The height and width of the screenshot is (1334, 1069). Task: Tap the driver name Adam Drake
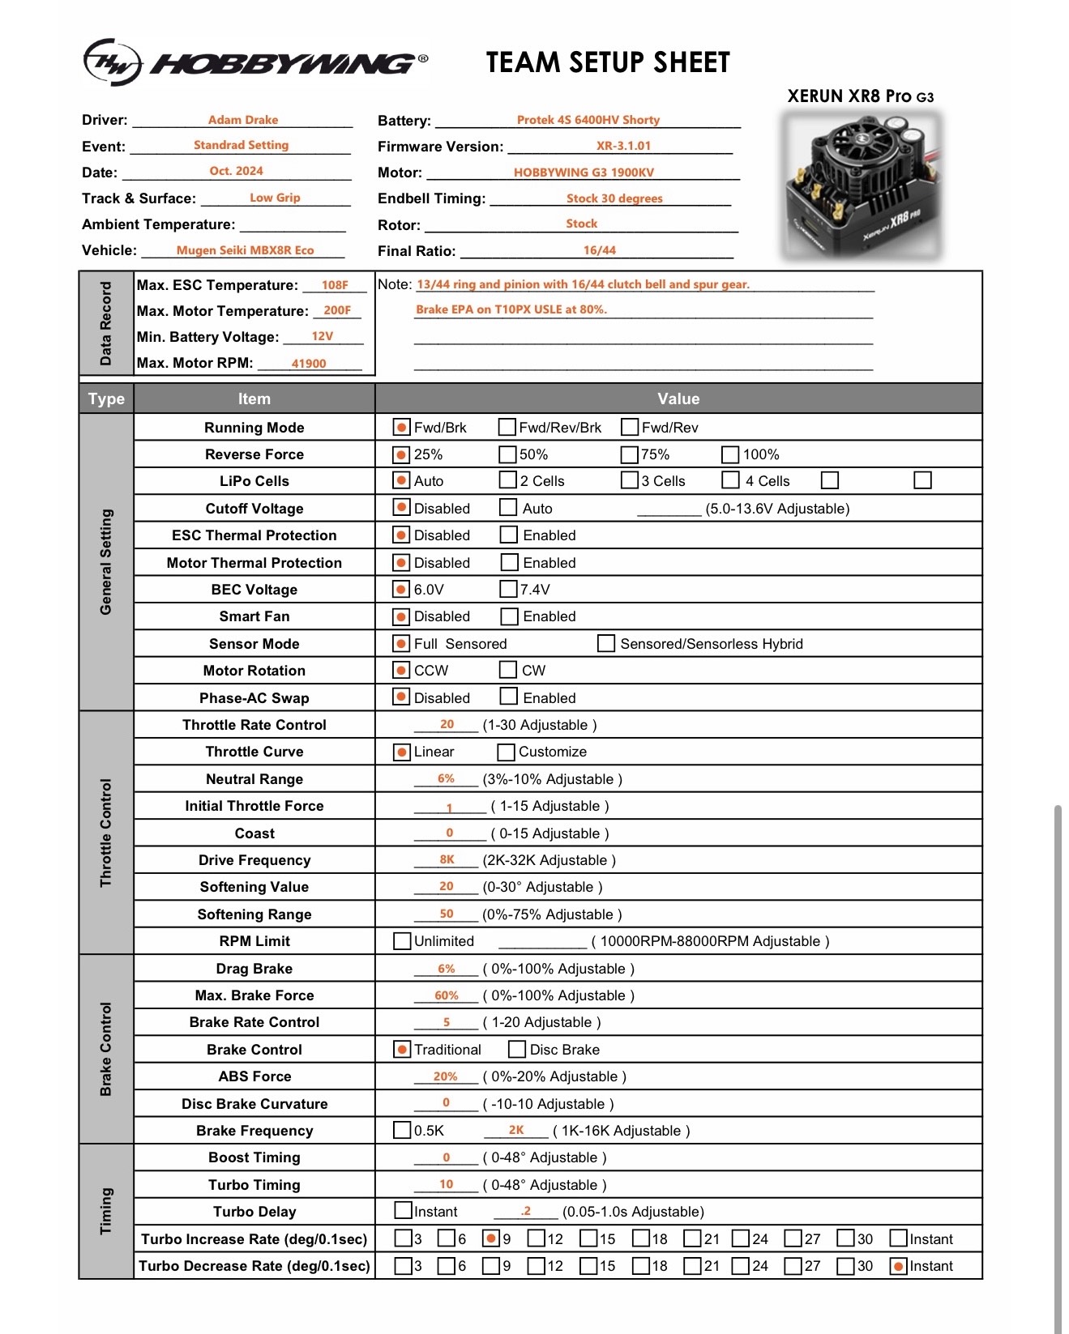tap(243, 120)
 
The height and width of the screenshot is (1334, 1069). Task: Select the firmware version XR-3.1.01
tap(623, 146)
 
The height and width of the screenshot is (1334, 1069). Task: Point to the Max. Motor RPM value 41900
tap(309, 364)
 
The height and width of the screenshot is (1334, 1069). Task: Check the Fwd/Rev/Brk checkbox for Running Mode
tap(507, 427)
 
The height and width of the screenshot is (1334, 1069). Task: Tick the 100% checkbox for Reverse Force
tap(730, 454)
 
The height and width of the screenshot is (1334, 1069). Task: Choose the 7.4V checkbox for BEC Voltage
tap(508, 589)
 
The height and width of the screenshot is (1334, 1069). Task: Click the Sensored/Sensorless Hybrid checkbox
tap(605, 643)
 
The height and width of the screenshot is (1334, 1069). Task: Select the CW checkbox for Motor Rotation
tap(508, 670)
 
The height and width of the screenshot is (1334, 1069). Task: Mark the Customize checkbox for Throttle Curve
tap(507, 752)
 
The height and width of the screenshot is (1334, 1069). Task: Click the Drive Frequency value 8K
tap(447, 859)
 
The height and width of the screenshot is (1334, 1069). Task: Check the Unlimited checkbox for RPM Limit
tap(402, 940)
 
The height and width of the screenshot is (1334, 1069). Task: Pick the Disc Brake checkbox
tap(517, 1049)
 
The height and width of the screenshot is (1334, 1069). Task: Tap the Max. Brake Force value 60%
tap(447, 995)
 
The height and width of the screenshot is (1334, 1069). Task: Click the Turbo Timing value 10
tap(447, 1184)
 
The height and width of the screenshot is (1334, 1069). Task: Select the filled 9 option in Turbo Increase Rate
tap(490, 1238)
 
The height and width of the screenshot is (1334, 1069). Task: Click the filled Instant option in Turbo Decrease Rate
tap(898, 1266)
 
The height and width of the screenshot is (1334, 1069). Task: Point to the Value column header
tap(678, 398)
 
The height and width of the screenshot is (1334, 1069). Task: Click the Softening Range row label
tap(254, 914)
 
